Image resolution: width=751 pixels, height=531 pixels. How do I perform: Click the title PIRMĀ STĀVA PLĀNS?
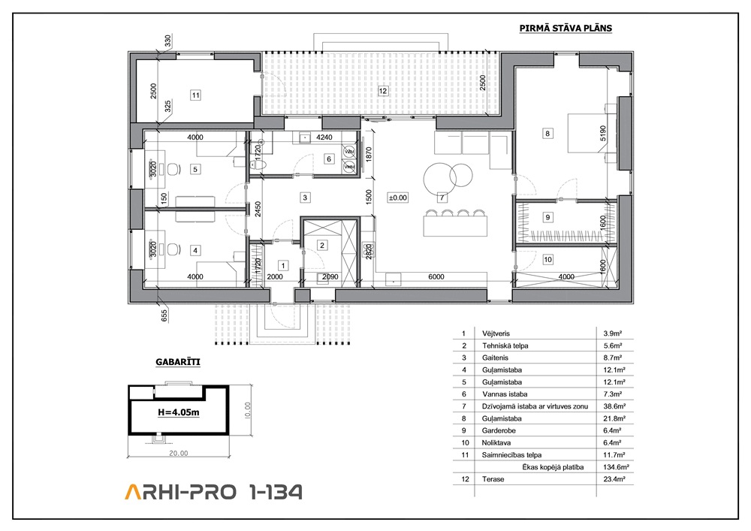coord(566,29)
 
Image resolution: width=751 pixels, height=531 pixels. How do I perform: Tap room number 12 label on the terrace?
coord(382,91)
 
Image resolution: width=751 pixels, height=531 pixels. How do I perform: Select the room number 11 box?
coord(195,95)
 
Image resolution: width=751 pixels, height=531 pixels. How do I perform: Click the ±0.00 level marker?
coord(397,198)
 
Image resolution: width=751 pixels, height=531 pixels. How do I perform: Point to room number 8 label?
coord(547,134)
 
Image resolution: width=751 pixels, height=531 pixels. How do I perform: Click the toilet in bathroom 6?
coord(259,164)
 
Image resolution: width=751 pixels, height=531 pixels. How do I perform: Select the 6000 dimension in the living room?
coord(436,276)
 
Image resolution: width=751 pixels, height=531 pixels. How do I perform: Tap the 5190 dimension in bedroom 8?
coord(602,133)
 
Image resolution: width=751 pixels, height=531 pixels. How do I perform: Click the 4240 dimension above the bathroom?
coord(324,137)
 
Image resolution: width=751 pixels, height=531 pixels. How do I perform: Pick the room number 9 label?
coord(547,217)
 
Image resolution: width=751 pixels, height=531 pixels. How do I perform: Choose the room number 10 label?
coord(547,260)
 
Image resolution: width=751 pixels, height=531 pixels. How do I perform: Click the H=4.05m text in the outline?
coord(179,412)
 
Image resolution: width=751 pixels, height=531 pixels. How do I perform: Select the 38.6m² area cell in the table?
coord(613,406)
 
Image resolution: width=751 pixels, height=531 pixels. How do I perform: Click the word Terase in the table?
coord(493,479)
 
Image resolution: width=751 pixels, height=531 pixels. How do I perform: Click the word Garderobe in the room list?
coord(499,430)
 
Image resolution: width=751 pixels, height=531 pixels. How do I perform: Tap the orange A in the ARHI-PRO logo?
coord(133,492)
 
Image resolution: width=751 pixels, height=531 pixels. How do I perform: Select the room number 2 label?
coord(322,245)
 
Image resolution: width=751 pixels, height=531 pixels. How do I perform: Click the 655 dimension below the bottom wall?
coord(164,315)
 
